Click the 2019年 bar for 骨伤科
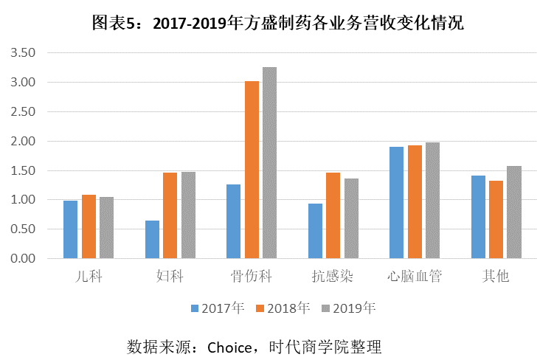[269, 163]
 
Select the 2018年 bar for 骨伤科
[252, 170]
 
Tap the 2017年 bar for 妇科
[152, 240]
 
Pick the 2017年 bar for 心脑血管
[396, 203]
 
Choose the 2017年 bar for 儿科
[70, 229]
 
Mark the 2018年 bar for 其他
[496, 220]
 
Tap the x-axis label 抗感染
[333, 277]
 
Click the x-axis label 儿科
[89, 277]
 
